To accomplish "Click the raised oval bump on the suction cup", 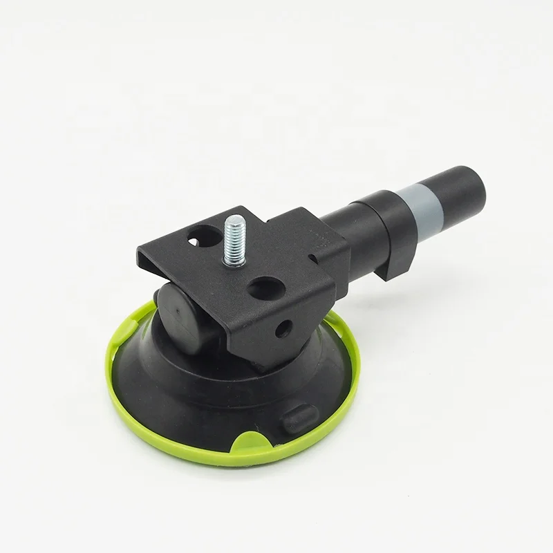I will (299, 417).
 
